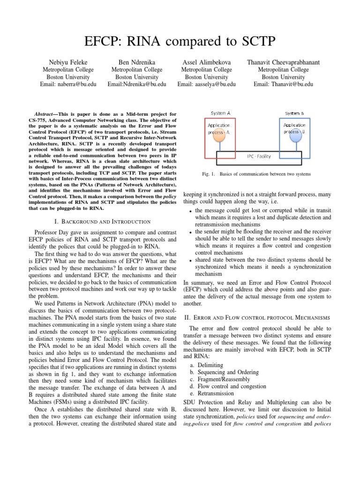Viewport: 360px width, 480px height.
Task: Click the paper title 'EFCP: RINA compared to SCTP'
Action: point(180,43)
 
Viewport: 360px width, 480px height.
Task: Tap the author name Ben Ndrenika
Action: point(136,62)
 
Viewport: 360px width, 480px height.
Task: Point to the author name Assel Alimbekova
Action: point(207,62)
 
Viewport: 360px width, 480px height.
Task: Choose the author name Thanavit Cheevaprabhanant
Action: point(283,62)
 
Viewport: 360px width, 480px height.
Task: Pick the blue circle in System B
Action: point(295,136)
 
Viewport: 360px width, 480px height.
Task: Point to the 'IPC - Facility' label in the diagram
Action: point(259,156)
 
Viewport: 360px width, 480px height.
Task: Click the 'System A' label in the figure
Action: point(221,113)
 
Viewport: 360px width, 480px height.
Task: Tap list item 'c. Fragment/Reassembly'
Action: point(223,379)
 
